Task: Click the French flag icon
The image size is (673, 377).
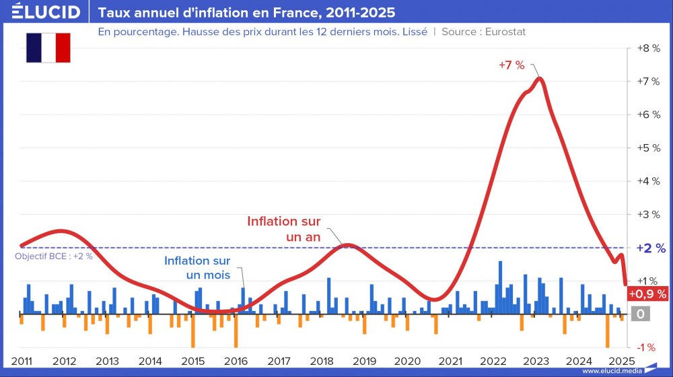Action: (x=48, y=48)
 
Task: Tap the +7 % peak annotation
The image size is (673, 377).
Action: (x=511, y=65)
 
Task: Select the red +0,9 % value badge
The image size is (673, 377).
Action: (x=647, y=294)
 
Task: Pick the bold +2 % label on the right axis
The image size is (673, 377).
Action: (x=651, y=248)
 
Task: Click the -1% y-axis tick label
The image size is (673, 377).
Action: (x=646, y=347)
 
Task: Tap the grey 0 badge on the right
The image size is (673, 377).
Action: (x=641, y=314)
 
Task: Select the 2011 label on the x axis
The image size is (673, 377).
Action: (x=22, y=361)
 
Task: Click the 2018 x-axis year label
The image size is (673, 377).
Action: (x=322, y=361)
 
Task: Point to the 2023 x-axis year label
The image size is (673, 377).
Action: (x=536, y=361)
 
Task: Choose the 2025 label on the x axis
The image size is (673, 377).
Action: (x=622, y=361)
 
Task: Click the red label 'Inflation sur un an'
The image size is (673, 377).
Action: (x=283, y=229)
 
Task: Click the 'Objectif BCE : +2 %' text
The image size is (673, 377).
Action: (x=53, y=256)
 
